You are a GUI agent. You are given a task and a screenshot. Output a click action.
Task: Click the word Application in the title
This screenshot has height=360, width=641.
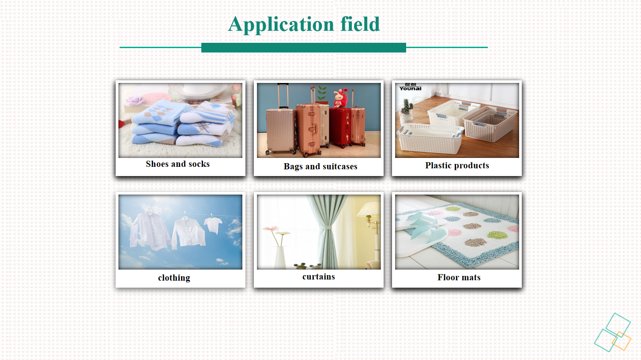tap(281, 25)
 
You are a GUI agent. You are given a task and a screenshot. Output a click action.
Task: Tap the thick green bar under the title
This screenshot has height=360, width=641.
tap(304, 48)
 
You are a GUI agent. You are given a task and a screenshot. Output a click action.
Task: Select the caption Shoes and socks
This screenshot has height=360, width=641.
tap(178, 164)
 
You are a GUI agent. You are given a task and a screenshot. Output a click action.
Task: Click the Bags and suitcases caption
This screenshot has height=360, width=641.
tap(320, 166)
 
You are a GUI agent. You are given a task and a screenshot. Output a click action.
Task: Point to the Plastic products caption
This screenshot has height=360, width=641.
tap(457, 165)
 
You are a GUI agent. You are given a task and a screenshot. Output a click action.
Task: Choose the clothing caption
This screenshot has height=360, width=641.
tap(174, 277)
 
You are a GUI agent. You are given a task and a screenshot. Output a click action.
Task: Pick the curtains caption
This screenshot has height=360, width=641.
tap(318, 277)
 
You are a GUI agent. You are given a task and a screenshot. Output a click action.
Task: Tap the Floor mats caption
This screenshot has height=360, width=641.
tap(459, 277)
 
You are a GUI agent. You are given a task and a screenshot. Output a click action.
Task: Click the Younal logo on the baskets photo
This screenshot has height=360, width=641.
tap(411, 87)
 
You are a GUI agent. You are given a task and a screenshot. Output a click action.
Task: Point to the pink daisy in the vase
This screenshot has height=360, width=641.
tap(271, 229)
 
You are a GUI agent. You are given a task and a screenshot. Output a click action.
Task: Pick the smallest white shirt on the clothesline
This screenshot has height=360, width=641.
tap(213, 224)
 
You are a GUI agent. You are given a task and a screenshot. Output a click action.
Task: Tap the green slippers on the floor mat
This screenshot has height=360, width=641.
tap(423, 227)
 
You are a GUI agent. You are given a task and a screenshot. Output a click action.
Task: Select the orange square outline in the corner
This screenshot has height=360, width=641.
tap(622, 341)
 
